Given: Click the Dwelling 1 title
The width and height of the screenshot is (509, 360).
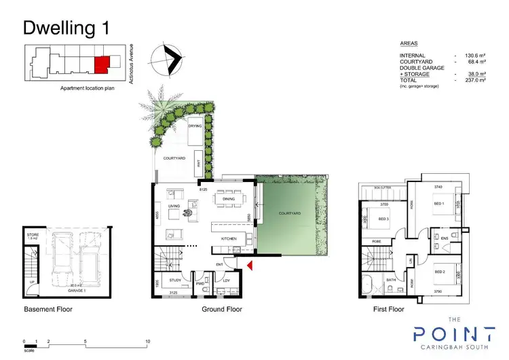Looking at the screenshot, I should click(x=65, y=27).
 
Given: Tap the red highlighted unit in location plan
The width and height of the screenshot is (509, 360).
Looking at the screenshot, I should click(x=100, y=65).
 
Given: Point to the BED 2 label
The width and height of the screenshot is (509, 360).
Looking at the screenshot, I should click(x=439, y=272).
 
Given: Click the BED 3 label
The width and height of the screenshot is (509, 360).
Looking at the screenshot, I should click(x=383, y=219).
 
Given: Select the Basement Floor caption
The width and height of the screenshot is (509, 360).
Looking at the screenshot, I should click(x=48, y=309).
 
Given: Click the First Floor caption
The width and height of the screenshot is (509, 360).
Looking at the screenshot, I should click(x=390, y=309).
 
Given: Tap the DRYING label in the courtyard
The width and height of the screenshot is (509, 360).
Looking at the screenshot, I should click(x=195, y=126).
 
